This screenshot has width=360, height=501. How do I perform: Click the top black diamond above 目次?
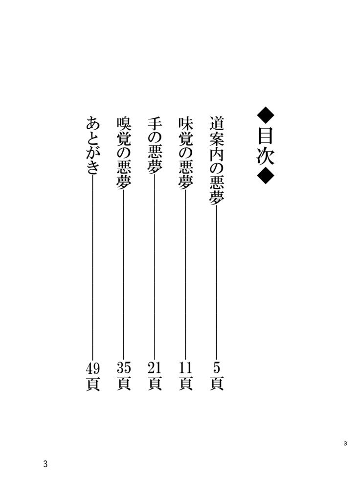(266, 116)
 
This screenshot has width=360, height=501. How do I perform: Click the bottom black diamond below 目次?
(266, 175)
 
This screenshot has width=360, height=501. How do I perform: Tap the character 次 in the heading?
(266, 156)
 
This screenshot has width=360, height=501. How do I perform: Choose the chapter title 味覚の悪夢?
(185, 153)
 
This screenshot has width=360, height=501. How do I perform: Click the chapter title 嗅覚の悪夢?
(124, 153)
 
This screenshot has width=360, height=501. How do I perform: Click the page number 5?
(216, 366)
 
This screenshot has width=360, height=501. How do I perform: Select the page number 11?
(185, 366)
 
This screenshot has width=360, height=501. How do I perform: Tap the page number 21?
(155, 366)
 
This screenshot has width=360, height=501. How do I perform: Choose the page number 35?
(124, 366)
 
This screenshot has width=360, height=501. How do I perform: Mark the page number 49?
(93, 366)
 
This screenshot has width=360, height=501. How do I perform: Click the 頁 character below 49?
(93, 383)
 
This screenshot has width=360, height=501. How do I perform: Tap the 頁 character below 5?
(216, 383)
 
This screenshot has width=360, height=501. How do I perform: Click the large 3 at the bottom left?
(45, 464)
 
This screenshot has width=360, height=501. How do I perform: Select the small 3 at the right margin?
(345, 444)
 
